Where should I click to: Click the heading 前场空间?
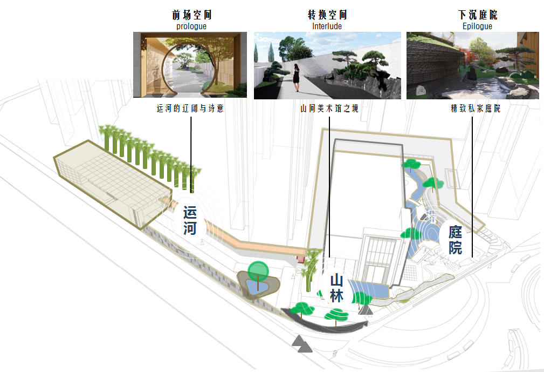pos(190,15)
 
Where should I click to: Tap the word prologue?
pos(191,26)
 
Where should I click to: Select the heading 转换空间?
pos(327,15)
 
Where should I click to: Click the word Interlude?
pos(327,26)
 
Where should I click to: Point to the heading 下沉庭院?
pos(474,15)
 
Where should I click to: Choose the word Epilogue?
pos(474,26)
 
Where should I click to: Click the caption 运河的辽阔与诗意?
pos(190,109)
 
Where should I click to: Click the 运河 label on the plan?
pos(190,220)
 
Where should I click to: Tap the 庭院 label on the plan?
pos(455,240)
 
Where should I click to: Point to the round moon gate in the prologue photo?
pos(190,67)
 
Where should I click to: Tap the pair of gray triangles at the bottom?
pos(302,344)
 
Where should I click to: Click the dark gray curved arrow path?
pos(323,323)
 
